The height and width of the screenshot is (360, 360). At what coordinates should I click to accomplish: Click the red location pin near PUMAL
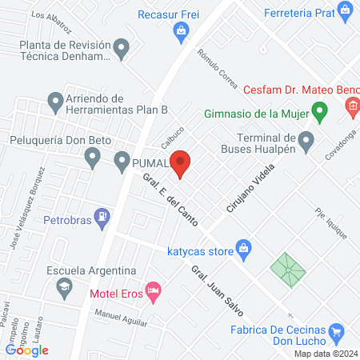tap(182, 163)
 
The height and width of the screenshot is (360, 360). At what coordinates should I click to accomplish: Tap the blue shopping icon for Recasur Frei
tap(182, 32)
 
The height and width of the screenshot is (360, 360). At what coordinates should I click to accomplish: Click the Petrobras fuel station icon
tap(102, 217)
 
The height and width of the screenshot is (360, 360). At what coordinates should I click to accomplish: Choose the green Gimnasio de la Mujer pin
tap(319, 111)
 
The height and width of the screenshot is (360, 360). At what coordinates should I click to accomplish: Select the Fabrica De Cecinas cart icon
tap(337, 330)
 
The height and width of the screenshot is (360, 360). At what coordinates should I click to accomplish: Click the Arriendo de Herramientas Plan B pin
tap(55, 102)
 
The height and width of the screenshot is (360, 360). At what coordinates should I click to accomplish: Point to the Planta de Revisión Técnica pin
tap(121, 50)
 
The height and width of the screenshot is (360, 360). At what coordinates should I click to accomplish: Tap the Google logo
tap(27, 350)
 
